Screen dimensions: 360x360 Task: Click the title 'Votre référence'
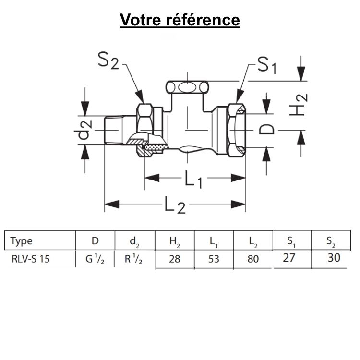tap(180, 20)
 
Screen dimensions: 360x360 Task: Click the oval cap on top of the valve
tap(187, 88)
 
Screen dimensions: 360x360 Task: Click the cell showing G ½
tap(95, 260)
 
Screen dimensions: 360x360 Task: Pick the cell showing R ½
tap(134, 260)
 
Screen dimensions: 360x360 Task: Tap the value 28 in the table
tap(174, 259)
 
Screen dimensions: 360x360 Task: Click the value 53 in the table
tap(214, 259)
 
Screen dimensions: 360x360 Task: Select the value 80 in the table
tap(253, 259)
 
